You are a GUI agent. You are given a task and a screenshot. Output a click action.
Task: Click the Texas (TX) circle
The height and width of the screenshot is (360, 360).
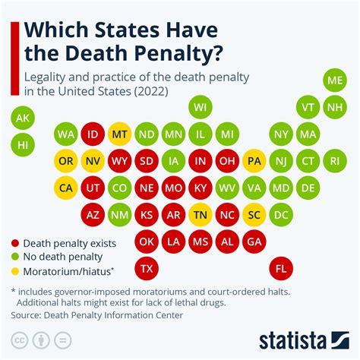point(147,269)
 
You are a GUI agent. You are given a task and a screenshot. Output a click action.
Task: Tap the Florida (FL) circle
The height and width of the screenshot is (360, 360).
point(282,269)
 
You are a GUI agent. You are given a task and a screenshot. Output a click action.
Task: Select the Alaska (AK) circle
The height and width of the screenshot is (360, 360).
point(23,118)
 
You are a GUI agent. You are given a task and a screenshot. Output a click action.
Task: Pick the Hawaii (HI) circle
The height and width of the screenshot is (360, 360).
point(23,143)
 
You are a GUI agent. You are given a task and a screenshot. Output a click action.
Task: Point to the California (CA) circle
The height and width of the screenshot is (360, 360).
point(65,188)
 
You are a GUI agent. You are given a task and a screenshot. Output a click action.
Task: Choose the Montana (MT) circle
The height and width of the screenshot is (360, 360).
point(119,134)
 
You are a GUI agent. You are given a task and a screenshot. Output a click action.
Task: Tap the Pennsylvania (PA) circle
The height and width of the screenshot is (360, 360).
point(254,161)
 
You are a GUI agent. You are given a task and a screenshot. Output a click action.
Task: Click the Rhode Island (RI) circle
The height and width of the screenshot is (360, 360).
point(334,161)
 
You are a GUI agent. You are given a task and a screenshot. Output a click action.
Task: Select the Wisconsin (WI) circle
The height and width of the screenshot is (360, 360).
point(201,107)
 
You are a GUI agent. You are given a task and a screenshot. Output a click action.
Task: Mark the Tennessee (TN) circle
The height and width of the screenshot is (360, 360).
point(201,215)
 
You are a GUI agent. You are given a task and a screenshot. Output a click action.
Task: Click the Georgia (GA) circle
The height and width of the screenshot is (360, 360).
point(254,242)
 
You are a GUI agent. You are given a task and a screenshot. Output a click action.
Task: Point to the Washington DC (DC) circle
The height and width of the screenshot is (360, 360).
point(281,215)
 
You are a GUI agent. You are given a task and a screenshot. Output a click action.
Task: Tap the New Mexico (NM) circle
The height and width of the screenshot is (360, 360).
point(119,215)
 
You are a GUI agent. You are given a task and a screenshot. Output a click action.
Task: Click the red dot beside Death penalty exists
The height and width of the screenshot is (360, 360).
point(14,244)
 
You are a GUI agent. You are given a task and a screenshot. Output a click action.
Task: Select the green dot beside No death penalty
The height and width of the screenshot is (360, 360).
point(14,257)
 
